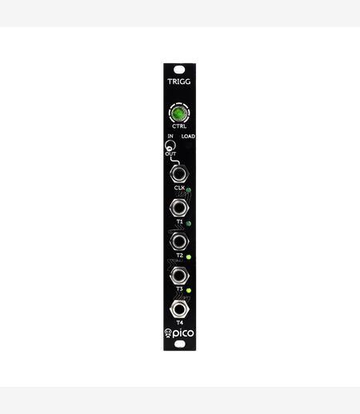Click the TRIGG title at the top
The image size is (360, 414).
pyautogui.click(x=179, y=82)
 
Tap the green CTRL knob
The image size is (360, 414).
pyautogui.click(x=179, y=113)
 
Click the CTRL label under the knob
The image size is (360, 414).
pyautogui.click(x=179, y=126)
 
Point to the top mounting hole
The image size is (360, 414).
pyautogui.click(x=179, y=70)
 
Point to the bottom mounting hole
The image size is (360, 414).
pyautogui.click(x=180, y=344)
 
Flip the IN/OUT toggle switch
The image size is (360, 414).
pyautogui.click(x=170, y=145)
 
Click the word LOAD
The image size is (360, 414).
pyautogui.click(x=188, y=137)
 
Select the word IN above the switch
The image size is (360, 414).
pyautogui.click(x=170, y=136)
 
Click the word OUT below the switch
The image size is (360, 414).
pyautogui.click(x=170, y=154)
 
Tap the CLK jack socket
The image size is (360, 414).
pyautogui.click(x=179, y=174)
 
